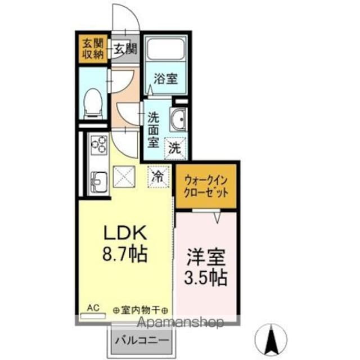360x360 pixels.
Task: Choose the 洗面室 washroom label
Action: click(153, 129)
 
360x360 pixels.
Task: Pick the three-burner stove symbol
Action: click(98, 146)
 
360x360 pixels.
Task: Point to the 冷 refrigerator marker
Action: click(159, 176)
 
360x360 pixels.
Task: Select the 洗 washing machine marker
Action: click(175, 149)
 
